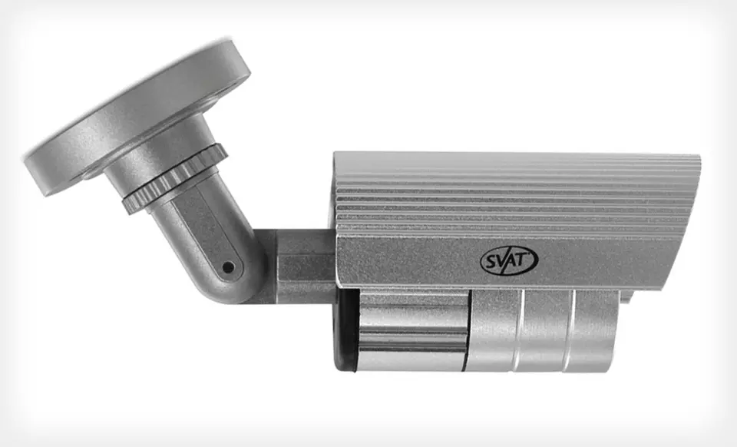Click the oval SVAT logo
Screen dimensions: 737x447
click(509, 260)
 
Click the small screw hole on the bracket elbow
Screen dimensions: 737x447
click(229, 267)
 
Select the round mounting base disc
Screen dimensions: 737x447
click(137, 116)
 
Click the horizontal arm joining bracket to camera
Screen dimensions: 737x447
click(301, 266)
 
